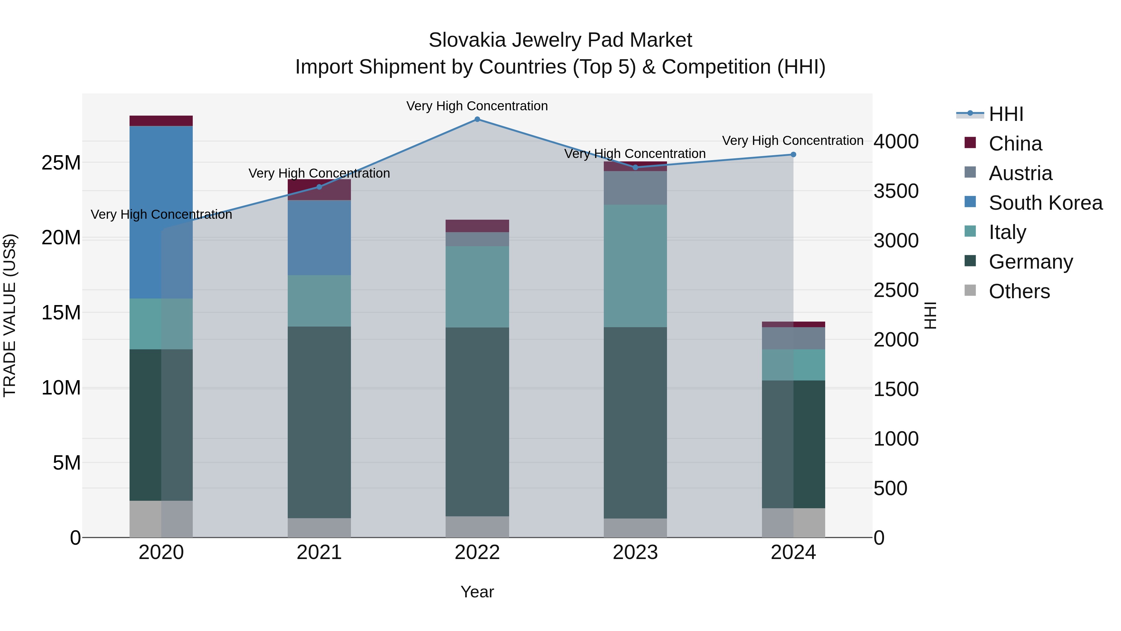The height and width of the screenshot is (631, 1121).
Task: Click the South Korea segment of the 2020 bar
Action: (161, 212)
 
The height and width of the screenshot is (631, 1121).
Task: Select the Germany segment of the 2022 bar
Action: (477, 422)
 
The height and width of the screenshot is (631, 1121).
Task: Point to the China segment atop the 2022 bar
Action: (477, 226)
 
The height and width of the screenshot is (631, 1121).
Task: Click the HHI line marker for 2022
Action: (477, 119)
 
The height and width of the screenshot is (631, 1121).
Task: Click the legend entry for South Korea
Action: (1045, 203)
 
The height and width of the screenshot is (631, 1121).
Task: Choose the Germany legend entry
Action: (1030, 262)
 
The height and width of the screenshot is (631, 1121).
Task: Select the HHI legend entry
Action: (1006, 114)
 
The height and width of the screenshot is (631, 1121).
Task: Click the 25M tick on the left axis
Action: (61, 163)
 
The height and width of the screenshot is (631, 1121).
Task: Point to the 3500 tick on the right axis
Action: (896, 191)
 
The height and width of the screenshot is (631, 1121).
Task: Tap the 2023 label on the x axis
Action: (635, 552)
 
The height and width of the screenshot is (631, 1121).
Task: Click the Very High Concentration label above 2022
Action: (477, 106)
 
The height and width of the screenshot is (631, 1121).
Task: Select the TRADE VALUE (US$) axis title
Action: (10, 315)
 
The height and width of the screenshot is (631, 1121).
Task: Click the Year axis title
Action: (477, 592)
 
